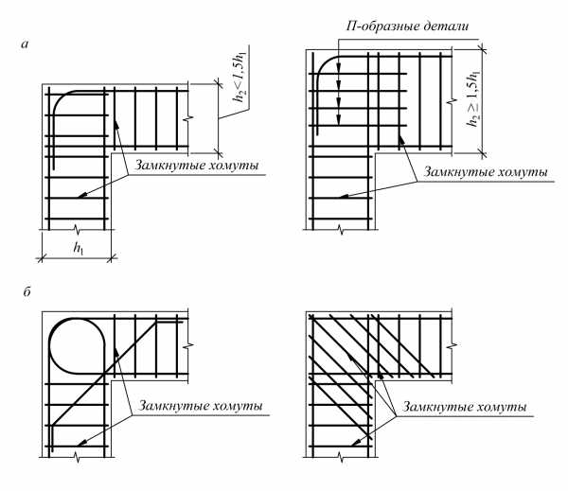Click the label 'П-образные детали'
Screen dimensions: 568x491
(x=407, y=26)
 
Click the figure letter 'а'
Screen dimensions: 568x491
(x=25, y=44)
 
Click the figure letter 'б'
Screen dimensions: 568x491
(x=27, y=291)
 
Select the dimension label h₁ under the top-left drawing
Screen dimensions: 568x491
(x=78, y=248)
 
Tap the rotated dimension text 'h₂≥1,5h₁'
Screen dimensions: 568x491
(x=473, y=98)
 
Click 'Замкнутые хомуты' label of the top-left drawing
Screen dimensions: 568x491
(x=197, y=166)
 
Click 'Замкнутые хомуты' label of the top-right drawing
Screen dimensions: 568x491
(x=486, y=171)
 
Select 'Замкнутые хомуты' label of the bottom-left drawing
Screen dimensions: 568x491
(x=201, y=406)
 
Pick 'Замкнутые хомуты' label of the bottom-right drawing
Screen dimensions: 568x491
(x=465, y=407)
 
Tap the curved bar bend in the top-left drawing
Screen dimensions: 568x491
(x=60, y=100)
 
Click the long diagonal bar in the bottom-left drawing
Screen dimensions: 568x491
(x=105, y=372)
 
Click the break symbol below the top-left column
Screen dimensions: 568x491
(x=77, y=229)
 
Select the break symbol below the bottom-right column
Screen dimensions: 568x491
(x=340, y=457)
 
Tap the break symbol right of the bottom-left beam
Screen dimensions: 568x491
(x=188, y=345)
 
